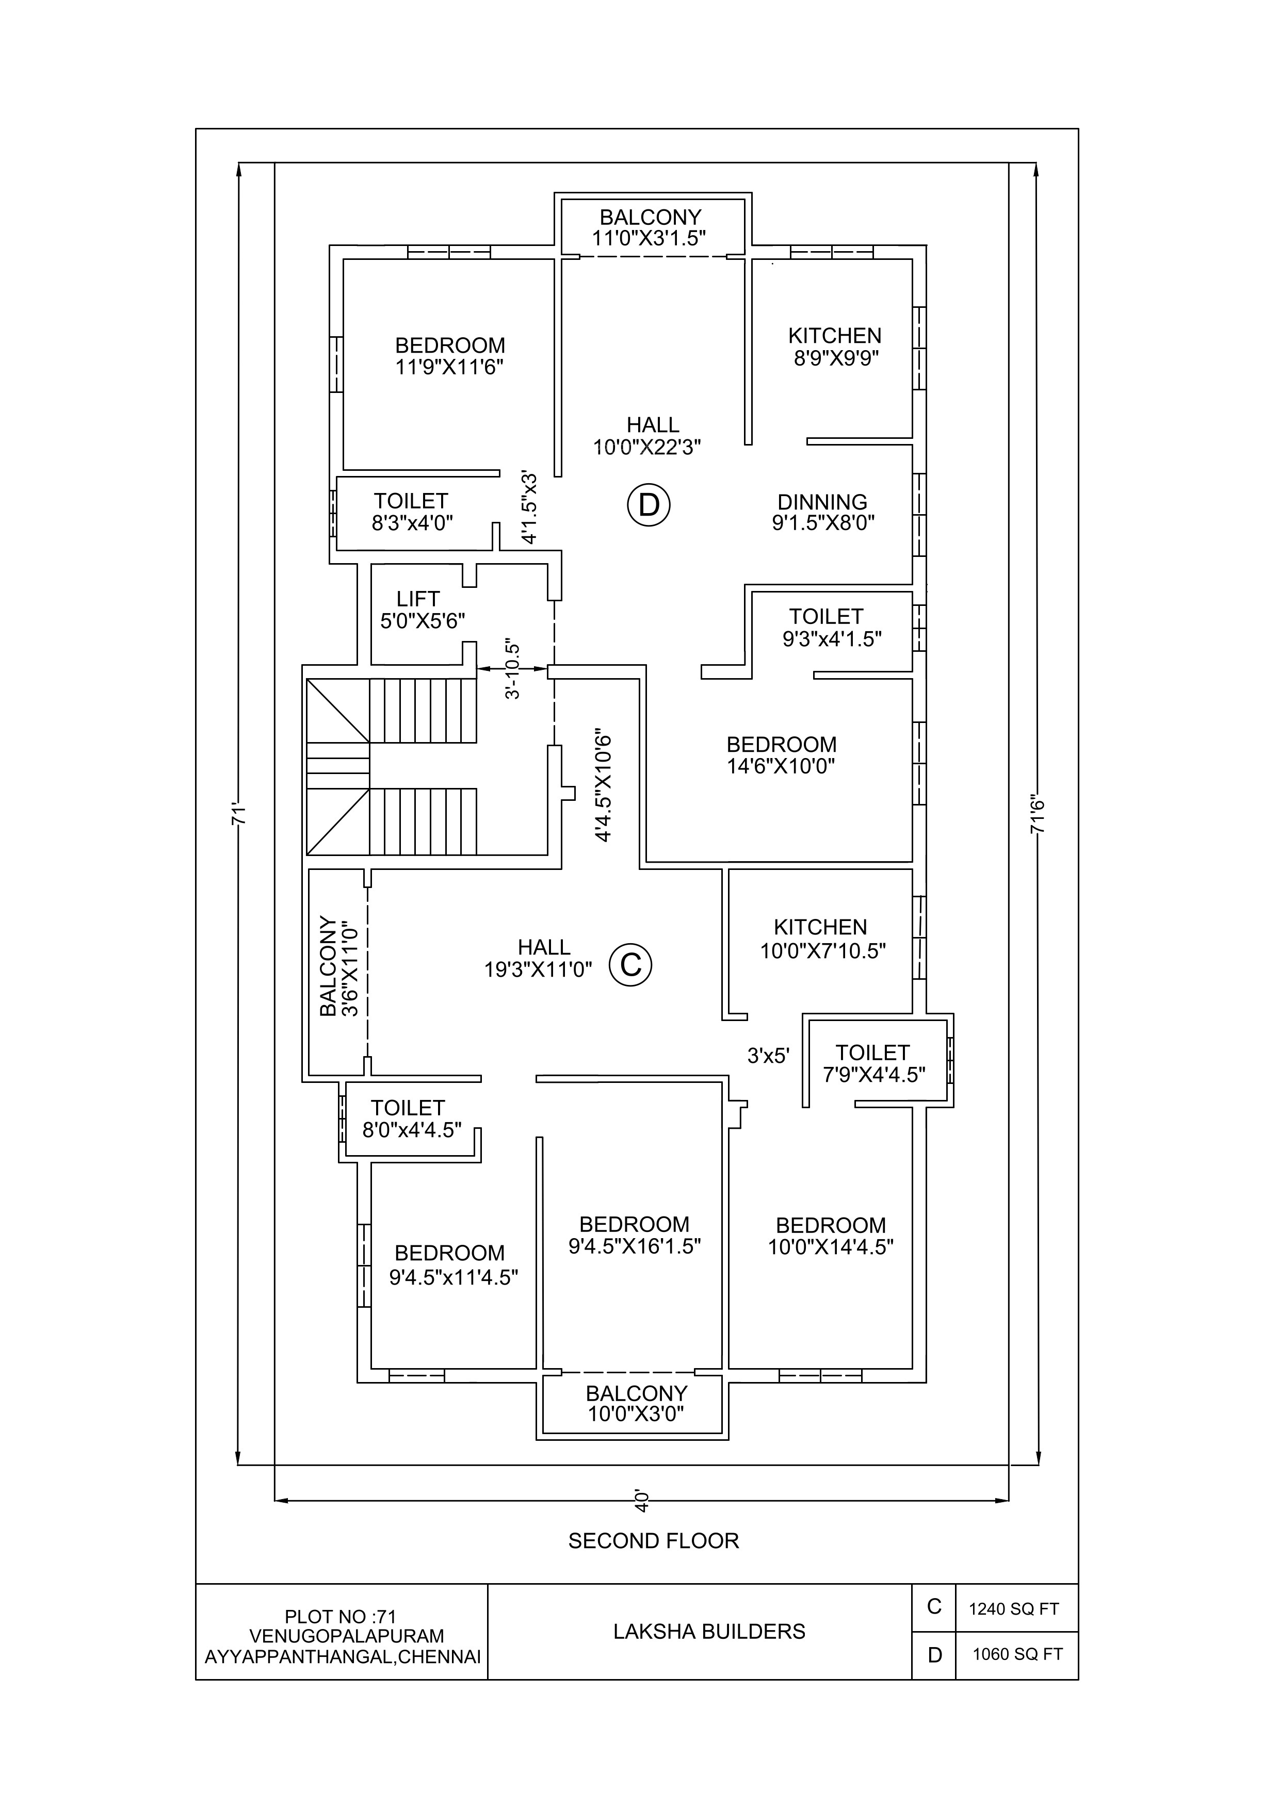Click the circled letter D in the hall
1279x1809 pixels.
pos(649,504)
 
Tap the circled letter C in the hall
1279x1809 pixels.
pos(630,964)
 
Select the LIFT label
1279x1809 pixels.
pos(418,599)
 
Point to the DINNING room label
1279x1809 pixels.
pos(822,502)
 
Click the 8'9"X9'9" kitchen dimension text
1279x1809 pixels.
pos(836,358)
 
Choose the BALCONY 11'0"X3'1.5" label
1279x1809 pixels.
pos(650,228)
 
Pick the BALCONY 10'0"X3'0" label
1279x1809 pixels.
pos(636,1403)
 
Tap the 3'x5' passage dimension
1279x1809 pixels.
pos(768,1056)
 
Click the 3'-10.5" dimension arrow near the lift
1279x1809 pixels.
pos(513,669)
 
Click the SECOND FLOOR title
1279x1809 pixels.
pos(653,1541)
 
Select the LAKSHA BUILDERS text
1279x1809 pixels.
pos(709,1631)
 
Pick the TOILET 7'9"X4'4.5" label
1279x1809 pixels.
pos(873,1064)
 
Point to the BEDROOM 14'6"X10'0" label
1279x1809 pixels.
pos(781,755)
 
